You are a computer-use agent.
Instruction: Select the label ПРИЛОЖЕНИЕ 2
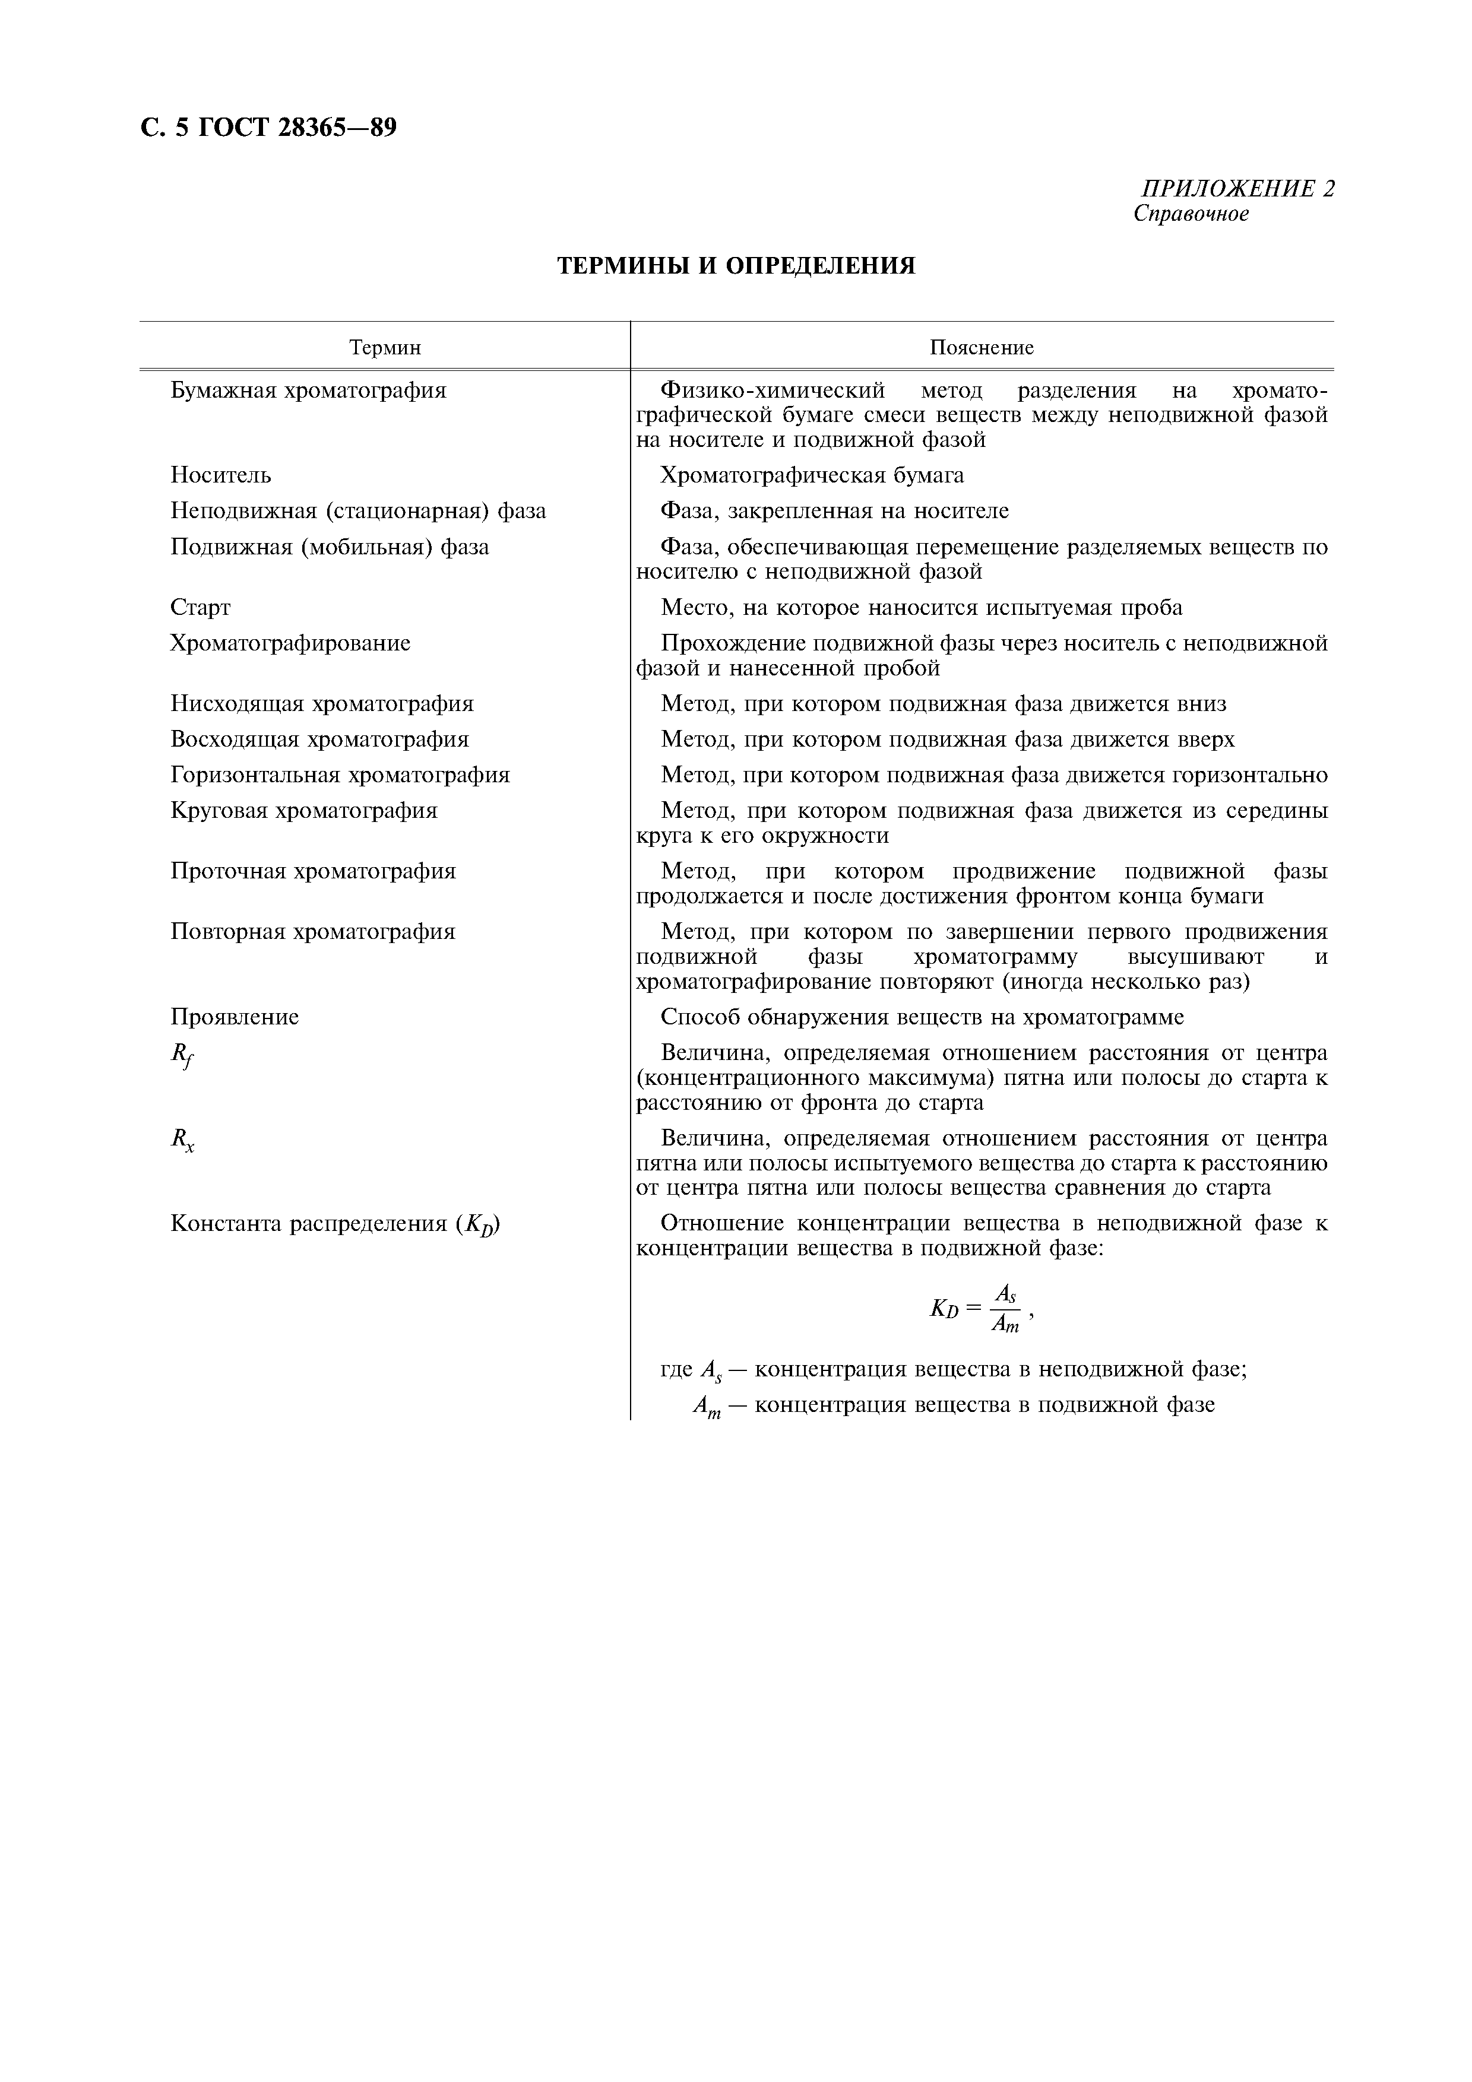pyautogui.click(x=1237, y=189)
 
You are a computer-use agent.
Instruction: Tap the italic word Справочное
pyautogui.click(x=1191, y=214)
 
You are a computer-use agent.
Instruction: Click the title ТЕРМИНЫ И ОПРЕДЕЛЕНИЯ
pyautogui.click(x=736, y=266)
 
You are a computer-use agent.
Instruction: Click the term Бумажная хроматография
pyautogui.click(x=308, y=391)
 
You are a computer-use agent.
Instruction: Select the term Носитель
pyautogui.click(x=220, y=475)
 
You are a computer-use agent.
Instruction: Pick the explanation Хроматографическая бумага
pyautogui.click(x=812, y=475)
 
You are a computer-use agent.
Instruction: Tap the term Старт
pyautogui.click(x=201, y=608)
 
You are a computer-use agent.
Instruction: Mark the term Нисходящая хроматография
pyautogui.click(x=322, y=704)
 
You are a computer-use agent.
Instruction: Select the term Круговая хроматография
pyautogui.click(x=304, y=811)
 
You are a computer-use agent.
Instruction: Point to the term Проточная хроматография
pyautogui.click(x=313, y=871)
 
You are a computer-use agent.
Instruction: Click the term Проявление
pyautogui.click(x=234, y=1017)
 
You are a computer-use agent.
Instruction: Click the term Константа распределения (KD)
pyautogui.click(x=335, y=1224)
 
